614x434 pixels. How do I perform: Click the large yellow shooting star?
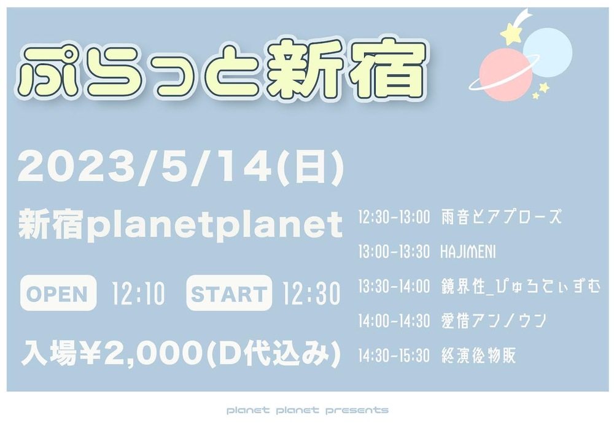511,34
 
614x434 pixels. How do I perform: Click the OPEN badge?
58,293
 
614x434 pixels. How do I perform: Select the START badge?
229,293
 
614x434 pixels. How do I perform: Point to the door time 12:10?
138,293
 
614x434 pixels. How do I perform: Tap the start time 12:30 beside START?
311,293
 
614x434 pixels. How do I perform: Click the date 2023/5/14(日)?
181,167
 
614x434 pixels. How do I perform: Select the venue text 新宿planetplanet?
181,225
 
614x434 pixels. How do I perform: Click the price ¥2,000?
141,354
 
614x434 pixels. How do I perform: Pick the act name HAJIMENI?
468,252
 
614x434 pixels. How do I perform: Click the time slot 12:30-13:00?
394,217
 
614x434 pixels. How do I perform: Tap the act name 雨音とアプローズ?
502,217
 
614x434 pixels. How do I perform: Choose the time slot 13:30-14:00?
394,287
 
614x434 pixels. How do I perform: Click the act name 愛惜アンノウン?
494,321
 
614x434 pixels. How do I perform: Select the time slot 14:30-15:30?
394,355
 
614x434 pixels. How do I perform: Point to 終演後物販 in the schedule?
478,355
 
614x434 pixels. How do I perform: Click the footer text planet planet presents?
308,410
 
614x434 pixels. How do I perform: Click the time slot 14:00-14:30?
394,321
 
